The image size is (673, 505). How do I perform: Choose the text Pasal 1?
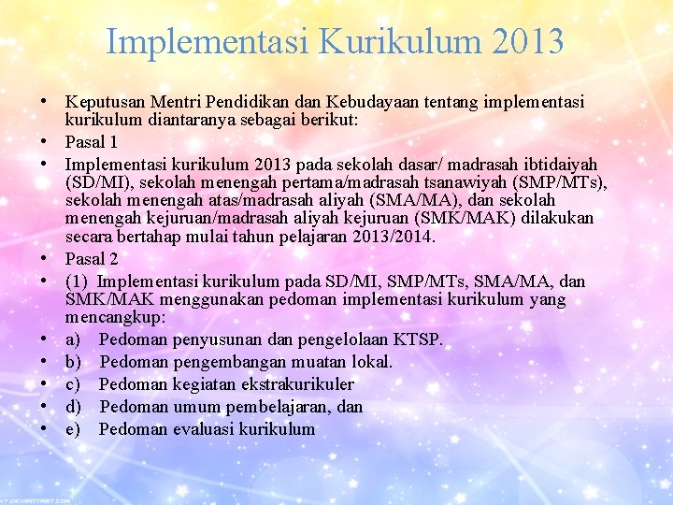92,142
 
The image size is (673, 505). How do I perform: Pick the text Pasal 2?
92,259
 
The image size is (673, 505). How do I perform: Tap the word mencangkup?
111,318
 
